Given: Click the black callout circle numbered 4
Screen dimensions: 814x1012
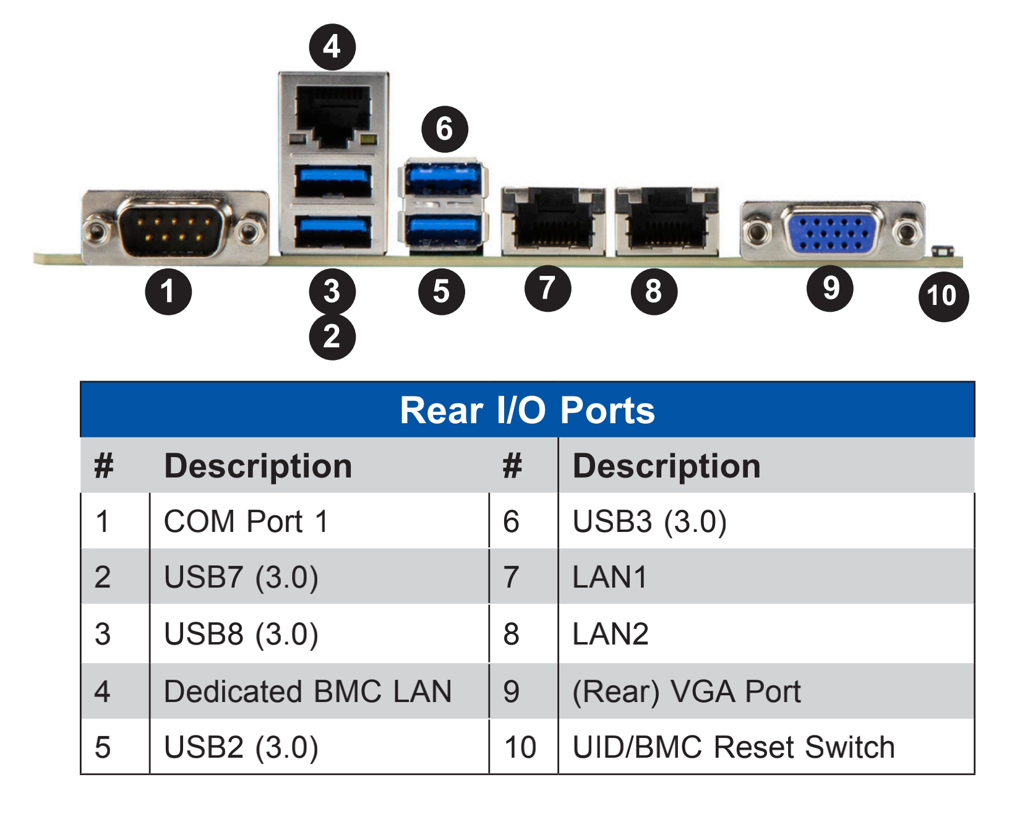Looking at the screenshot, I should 332,46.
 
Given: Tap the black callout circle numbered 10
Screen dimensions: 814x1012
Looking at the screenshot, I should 943,296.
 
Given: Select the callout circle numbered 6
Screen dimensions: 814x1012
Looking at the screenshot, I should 444,129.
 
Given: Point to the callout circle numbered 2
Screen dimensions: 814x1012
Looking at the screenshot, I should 332,336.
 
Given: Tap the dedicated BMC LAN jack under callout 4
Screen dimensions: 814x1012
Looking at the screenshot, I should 333,114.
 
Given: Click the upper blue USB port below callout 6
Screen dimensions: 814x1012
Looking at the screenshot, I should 443,178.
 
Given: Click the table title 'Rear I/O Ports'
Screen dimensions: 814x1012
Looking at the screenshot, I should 527,410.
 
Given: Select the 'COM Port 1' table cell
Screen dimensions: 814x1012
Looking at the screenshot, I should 246,521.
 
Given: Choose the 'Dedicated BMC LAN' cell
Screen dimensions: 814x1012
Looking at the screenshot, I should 307,691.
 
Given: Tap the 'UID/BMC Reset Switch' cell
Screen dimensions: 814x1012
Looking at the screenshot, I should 734,747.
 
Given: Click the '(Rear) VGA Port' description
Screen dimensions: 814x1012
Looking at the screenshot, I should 686,691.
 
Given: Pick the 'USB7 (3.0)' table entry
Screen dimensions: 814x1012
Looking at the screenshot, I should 241,577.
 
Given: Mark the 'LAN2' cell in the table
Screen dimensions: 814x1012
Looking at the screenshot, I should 610,634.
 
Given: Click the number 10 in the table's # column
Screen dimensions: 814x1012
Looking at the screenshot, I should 520,747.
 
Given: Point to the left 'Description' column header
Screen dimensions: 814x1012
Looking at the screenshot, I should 257,466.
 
